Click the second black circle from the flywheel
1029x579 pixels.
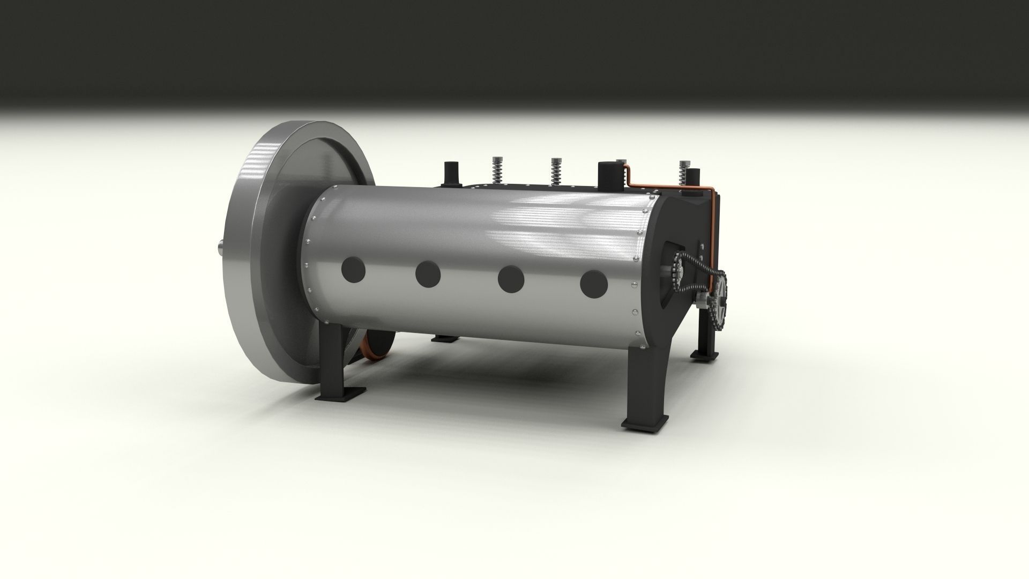(x=428, y=274)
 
